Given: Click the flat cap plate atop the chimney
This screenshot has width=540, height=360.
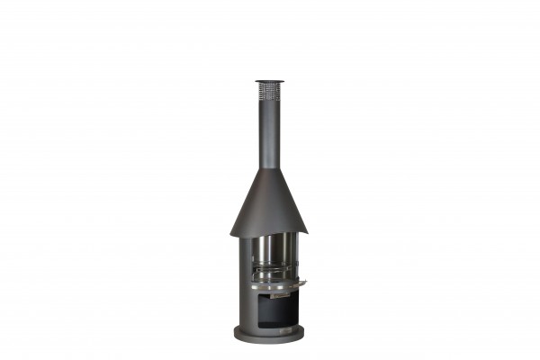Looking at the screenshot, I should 269,81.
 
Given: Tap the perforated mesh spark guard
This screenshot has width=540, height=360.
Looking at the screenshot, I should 269,90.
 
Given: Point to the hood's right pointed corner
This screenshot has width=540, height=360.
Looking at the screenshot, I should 307,232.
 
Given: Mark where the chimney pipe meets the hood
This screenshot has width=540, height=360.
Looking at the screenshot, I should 269,168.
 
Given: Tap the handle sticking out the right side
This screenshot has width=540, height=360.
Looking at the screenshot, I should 301,283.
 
